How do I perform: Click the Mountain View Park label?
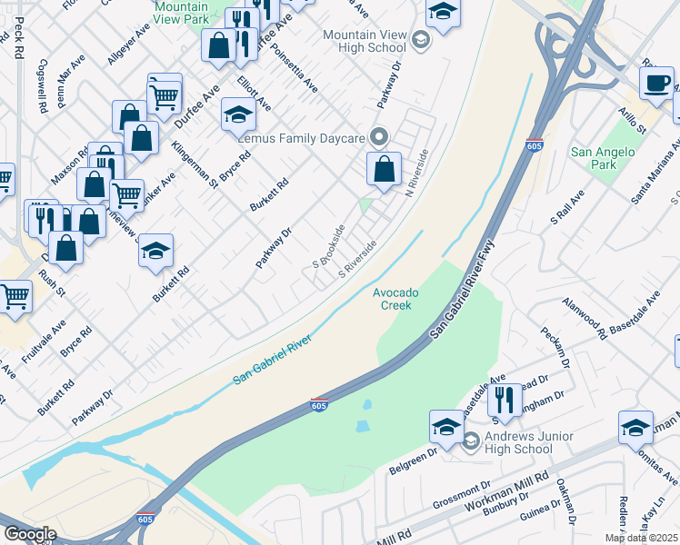click(x=181, y=12)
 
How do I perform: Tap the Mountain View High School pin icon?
click(x=421, y=39)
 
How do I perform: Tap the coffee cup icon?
click(x=656, y=84)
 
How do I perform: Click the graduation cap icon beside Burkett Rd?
click(x=156, y=252)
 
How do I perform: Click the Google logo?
click(x=30, y=534)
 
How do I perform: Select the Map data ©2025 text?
click(x=640, y=538)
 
